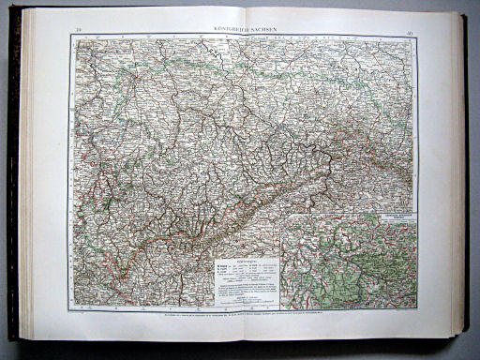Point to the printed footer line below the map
239,316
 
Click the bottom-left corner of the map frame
68,310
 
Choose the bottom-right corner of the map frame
413,309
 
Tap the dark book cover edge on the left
13,187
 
